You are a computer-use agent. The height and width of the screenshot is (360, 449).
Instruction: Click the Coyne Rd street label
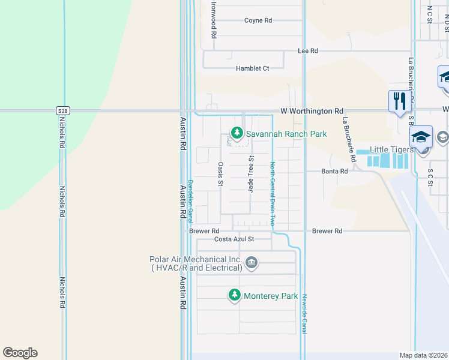pyautogui.click(x=258, y=20)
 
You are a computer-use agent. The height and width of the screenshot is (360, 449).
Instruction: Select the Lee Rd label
pyautogui.click(x=307, y=51)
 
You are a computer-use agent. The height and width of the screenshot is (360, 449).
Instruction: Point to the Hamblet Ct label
pyautogui.click(x=252, y=68)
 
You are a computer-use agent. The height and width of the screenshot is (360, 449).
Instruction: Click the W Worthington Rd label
pyautogui.click(x=312, y=111)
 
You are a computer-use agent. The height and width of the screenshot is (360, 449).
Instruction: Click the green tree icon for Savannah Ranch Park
pyautogui.click(x=238, y=132)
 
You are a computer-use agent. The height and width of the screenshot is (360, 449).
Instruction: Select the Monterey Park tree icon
pyautogui.click(x=235, y=295)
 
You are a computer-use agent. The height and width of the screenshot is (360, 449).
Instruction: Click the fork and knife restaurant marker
pyautogui.click(x=399, y=100)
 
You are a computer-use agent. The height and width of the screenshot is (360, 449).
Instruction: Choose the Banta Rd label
pyautogui.click(x=335, y=171)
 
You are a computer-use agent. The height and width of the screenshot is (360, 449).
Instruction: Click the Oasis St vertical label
pyautogui.click(x=221, y=174)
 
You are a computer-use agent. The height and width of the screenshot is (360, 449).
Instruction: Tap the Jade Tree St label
pyautogui.click(x=252, y=174)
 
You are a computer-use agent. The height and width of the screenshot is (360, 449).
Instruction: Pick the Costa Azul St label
pyautogui.click(x=235, y=239)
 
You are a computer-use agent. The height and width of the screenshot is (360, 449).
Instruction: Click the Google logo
pyautogui.click(x=20, y=353)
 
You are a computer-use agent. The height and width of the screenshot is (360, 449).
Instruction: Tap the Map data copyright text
pyautogui.click(x=423, y=355)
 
